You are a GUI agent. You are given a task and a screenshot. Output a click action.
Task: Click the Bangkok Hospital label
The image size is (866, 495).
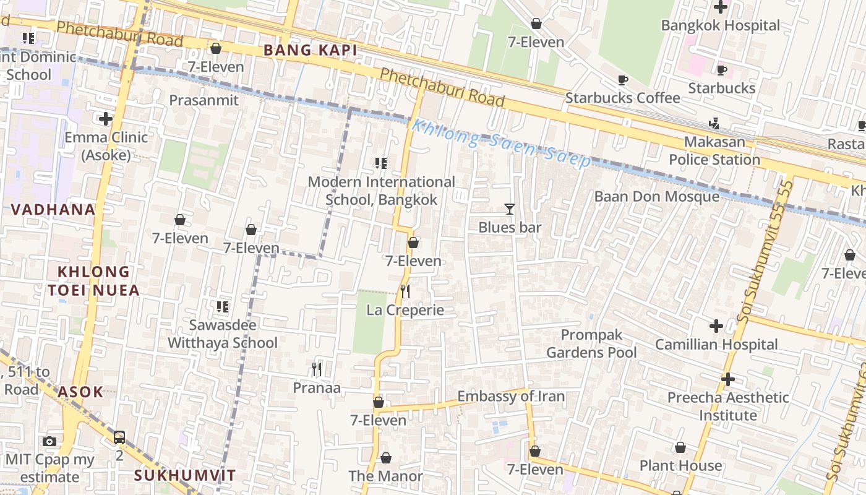[x=721, y=25]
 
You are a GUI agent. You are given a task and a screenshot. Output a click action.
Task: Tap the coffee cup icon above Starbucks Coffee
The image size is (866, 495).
[x=623, y=80]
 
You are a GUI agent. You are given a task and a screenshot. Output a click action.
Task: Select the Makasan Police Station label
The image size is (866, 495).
[x=714, y=151]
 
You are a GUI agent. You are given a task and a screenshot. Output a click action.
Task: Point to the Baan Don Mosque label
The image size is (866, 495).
[x=657, y=197]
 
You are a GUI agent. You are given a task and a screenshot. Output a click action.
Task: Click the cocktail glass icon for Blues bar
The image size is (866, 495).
[x=509, y=209]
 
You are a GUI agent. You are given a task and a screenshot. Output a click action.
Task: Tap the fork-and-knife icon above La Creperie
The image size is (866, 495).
[x=405, y=291]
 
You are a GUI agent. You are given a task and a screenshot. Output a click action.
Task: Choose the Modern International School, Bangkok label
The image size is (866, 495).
[x=381, y=191]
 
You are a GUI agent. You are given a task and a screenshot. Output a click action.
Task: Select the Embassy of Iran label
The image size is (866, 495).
[x=511, y=396]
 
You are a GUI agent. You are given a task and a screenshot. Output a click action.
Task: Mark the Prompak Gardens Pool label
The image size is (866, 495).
[x=591, y=343]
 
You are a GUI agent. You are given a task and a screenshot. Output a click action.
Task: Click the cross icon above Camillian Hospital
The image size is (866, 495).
[x=716, y=325]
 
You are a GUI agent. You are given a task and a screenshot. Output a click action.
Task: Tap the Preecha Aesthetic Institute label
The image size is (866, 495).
[x=728, y=406]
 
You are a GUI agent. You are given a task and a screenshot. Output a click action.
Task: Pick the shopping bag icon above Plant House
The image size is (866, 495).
[x=680, y=447]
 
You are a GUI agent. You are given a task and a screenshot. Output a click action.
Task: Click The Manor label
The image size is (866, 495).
[x=385, y=476]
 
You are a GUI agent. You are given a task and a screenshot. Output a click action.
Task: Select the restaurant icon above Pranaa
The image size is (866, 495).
[x=317, y=369]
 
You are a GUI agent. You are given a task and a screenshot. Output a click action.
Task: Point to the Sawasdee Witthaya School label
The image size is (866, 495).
[x=223, y=334]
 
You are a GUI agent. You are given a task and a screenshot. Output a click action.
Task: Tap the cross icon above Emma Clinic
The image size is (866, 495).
[x=106, y=118]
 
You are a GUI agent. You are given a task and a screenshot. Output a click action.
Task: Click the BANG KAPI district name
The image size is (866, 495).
[x=311, y=51]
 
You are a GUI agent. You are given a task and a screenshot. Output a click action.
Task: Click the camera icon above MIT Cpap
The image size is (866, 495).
[x=49, y=441]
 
